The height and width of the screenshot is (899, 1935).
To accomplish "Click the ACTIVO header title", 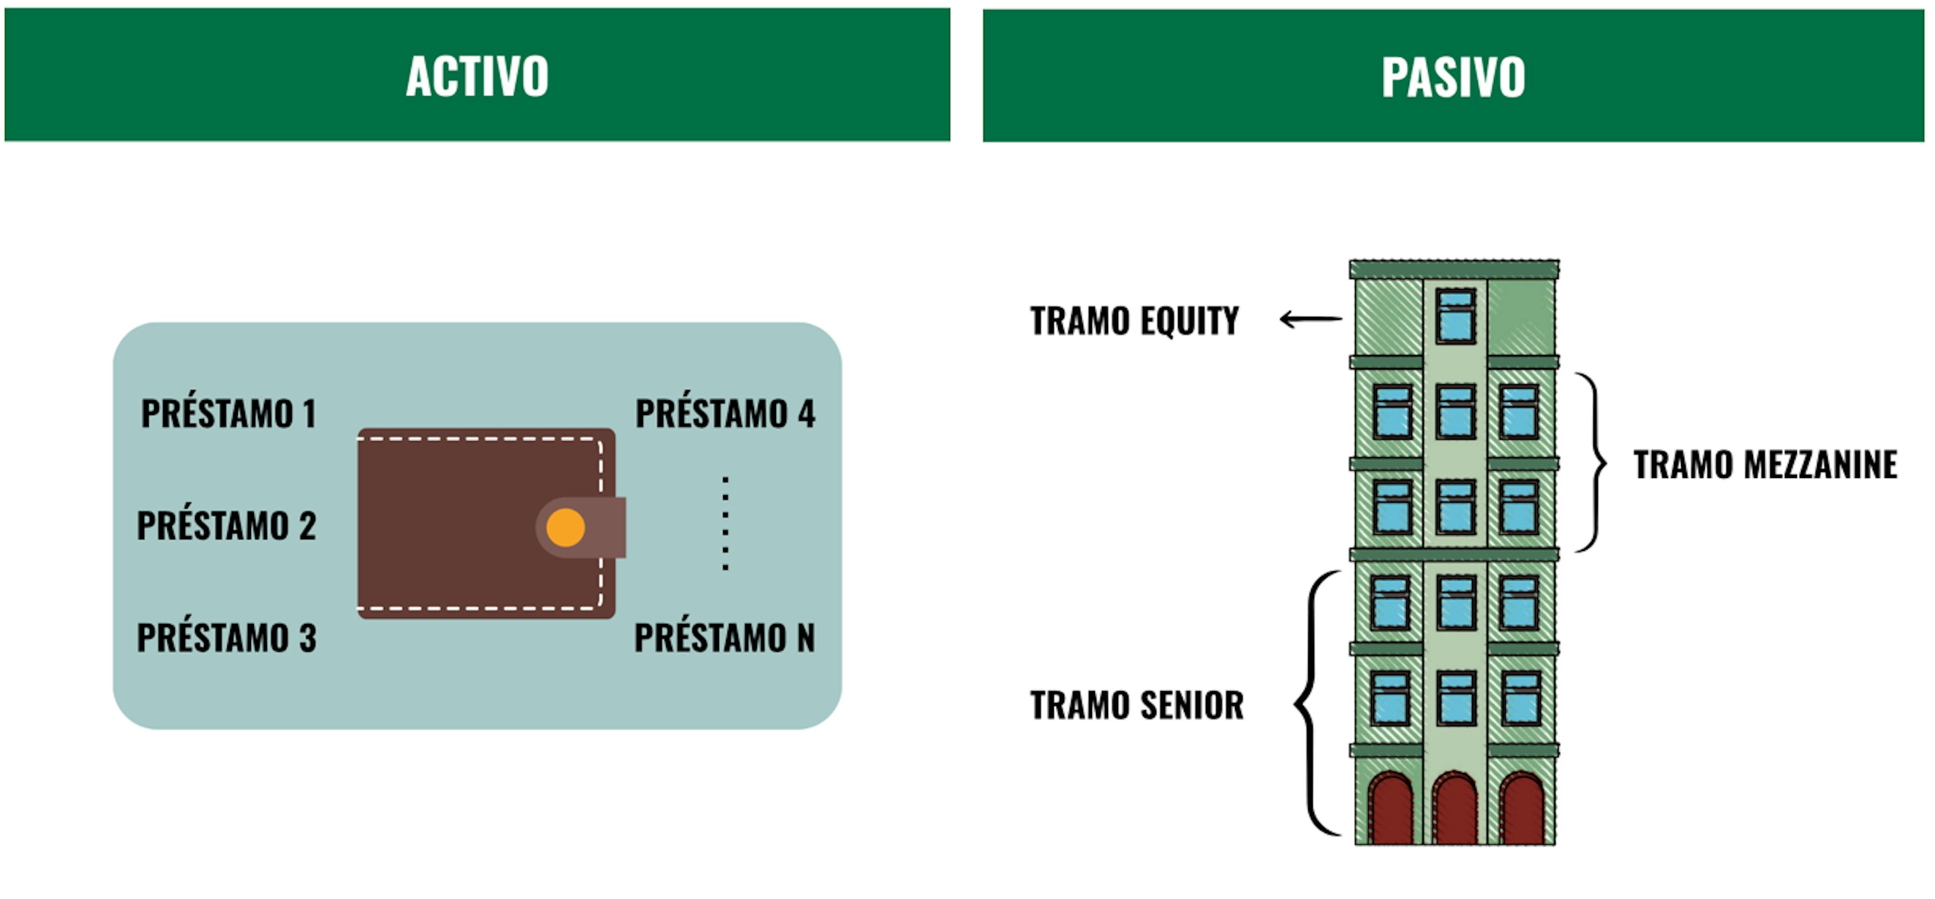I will tap(477, 76).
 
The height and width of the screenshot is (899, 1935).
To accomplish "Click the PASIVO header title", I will tap(1453, 77).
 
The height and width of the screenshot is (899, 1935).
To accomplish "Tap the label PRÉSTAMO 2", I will tap(226, 525).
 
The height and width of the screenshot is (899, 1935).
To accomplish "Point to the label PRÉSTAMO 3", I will tap(226, 638).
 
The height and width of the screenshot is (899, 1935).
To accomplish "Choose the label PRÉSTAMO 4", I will tap(725, 413).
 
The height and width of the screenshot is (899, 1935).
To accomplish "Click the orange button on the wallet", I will tap(565, 527).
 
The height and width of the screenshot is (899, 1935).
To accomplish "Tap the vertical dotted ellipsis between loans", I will tap(725, 523).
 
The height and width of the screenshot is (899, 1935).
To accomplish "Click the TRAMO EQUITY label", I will tap(1134, 321).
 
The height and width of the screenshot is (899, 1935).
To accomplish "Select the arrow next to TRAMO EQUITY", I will tap(1311, 319).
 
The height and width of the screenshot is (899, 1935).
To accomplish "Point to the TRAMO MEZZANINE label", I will tap(1765, 464).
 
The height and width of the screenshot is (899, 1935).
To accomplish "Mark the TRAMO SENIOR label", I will tap(1136, 705).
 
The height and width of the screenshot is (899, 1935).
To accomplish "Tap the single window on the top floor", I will tap(1456, 317).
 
